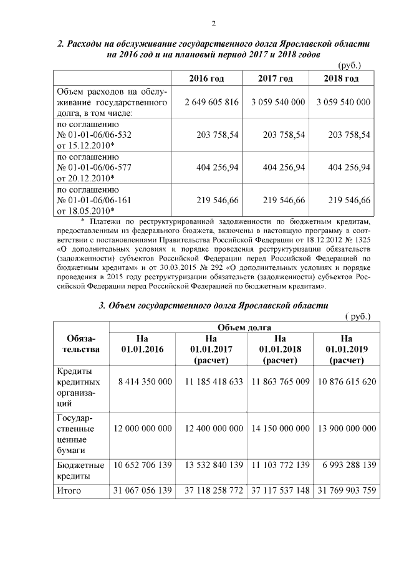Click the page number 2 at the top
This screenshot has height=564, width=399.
pyautogui.click(x=213, y=24)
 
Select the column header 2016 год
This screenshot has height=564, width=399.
pyautogui.click(x=206, y=79)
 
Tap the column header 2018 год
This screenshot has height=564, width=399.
pyautogui.click(x=341, y=79)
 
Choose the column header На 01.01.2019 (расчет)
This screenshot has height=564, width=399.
pyautogui.click(x=342, y=349)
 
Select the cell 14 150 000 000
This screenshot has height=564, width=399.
pyautogui.click(x=280, y=429)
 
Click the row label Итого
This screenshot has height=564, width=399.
pyautogui.click(x=69, y=490)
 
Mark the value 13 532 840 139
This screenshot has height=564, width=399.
pyautogui.click(x=214, y=465)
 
